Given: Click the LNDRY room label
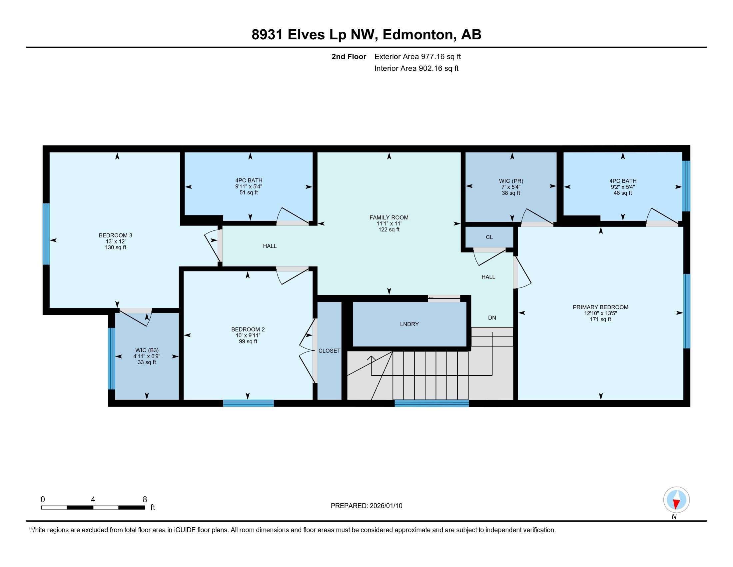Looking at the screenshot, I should pos(409,324).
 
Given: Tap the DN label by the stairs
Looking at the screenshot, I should pos(492,318).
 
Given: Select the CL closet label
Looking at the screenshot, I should pos(489,237).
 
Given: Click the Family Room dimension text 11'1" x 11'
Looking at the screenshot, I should pos(389,223).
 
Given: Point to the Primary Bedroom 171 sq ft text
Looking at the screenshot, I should pos(600,320).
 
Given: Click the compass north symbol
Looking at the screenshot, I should pos(676,500).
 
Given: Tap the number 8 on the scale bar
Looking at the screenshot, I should pos(145,500).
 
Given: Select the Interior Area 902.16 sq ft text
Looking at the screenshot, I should pos(416,68).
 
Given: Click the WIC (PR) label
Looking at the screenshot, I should pos(511,181).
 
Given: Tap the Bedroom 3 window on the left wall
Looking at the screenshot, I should pos(46,234).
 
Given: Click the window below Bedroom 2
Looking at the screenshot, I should pos(248,404).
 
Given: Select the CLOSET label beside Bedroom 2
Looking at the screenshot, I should pos(329,351).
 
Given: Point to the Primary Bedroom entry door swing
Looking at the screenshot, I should pos(522,272).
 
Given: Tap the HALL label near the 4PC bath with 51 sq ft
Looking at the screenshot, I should pos(270,246).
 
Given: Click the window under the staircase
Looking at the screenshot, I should pos(431,404).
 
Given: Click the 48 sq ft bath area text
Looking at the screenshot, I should pos(623,193).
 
